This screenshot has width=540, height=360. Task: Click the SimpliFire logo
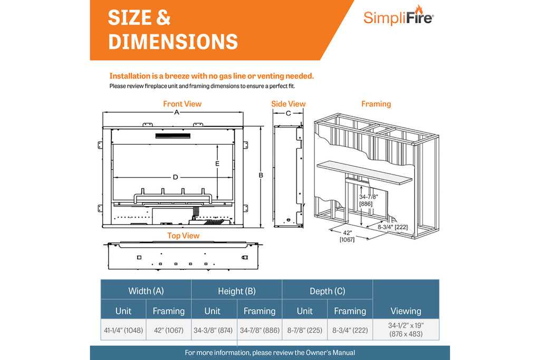coord(398,17)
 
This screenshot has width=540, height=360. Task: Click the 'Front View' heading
coord(182,104)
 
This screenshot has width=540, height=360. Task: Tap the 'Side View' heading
coord(288,104)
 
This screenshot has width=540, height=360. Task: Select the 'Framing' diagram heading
coord(376,104)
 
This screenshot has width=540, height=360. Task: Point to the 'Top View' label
coord(183,236)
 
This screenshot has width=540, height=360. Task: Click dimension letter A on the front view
coord(177,113)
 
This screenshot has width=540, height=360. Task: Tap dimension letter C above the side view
coord(288,113)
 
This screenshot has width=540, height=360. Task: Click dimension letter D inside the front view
coord(176,177)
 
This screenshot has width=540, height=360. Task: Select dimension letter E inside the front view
coord(217,164)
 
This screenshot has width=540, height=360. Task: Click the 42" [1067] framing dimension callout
coord(346,236)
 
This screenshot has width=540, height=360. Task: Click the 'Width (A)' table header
coord(146,291)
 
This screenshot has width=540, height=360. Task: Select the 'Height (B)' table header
coord(237,291)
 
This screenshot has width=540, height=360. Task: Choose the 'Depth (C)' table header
coord(327,291)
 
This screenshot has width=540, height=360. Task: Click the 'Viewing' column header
coord(406,311)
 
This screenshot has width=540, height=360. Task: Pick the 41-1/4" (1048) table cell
coord(123,330)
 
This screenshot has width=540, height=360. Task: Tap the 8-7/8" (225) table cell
coord(305,330)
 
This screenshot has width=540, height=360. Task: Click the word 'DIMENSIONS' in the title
coord(173,42)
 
